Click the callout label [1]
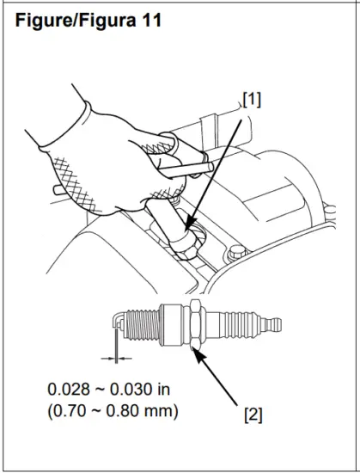coord(251,100)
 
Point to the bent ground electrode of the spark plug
coord(119,322)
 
